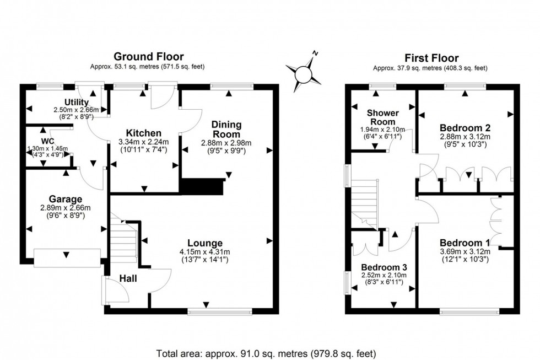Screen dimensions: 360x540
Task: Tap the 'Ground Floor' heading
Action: click(x=148, y=56)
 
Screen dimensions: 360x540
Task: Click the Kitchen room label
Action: click(x=144, y=133)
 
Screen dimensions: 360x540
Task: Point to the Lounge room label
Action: click(x=204, y=243)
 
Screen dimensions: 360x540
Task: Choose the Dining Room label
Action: click(x=226, y=130)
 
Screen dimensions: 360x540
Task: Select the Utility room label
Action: click(x=75, y=102)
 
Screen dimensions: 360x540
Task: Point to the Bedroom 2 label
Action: click(x=465, y=127)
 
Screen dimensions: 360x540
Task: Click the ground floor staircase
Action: click(x=124, y=240)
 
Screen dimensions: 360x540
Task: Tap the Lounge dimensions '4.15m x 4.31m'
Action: click(x=204, y=252)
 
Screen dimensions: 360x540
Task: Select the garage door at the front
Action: click(x=67, y=256)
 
